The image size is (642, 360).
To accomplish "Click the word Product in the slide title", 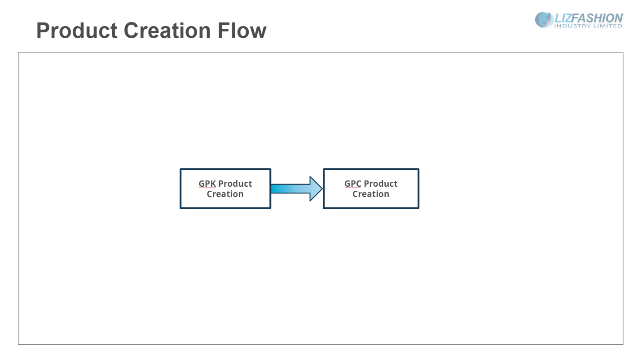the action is pyautogui.click(x=77, y=31).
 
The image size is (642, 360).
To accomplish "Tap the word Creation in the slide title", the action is pyautogui.click(x=167, y=31).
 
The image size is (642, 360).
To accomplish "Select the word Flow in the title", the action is pyautogui.click(x=242, y=31).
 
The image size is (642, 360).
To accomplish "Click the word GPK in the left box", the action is pyautogui.click(x=207, y=184).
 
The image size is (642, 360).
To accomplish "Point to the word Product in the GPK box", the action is pyautogui.click(x=235, y=184).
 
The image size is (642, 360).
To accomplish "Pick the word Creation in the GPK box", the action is pyautogui.click(x=225, y=194).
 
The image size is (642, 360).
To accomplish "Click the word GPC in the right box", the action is pyautogui.click(x=352, y=184).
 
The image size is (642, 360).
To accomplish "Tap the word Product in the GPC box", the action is pyautogui.click(x=381, y=184).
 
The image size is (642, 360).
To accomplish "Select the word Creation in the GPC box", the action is pyautogui.click(x=371, y=194).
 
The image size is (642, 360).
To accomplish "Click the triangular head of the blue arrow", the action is pyautogui.click(x=315, y=189).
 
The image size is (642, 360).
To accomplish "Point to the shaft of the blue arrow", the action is pyautogui.click(x=290, y=189).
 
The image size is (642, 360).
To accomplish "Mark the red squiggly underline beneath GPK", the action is pyautogui.click(x=207, y=188).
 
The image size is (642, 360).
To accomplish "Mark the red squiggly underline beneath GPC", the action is pyautogui.click(x=352, y=188).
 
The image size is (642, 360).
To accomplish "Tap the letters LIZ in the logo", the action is pyautogui.click(x=563, y=18).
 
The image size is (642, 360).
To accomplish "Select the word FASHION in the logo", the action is pyautogui.click(x=598, y=18).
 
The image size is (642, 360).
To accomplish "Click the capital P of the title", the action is pyautogui.click(x=43, y=31).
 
